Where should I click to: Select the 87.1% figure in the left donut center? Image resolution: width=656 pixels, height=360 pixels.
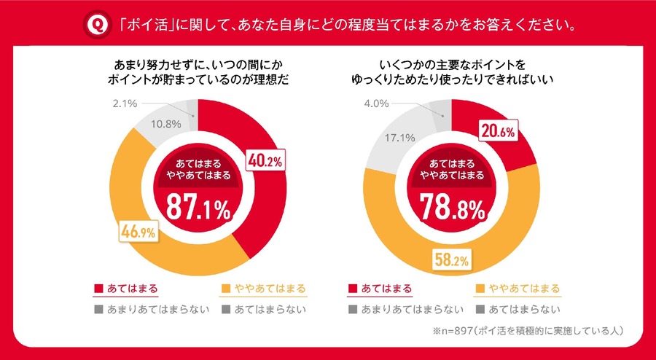click(198, 208)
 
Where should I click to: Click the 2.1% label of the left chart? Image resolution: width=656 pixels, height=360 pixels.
click(125, 103)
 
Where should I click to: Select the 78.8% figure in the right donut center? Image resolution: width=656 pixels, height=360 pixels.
click(452, 208)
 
